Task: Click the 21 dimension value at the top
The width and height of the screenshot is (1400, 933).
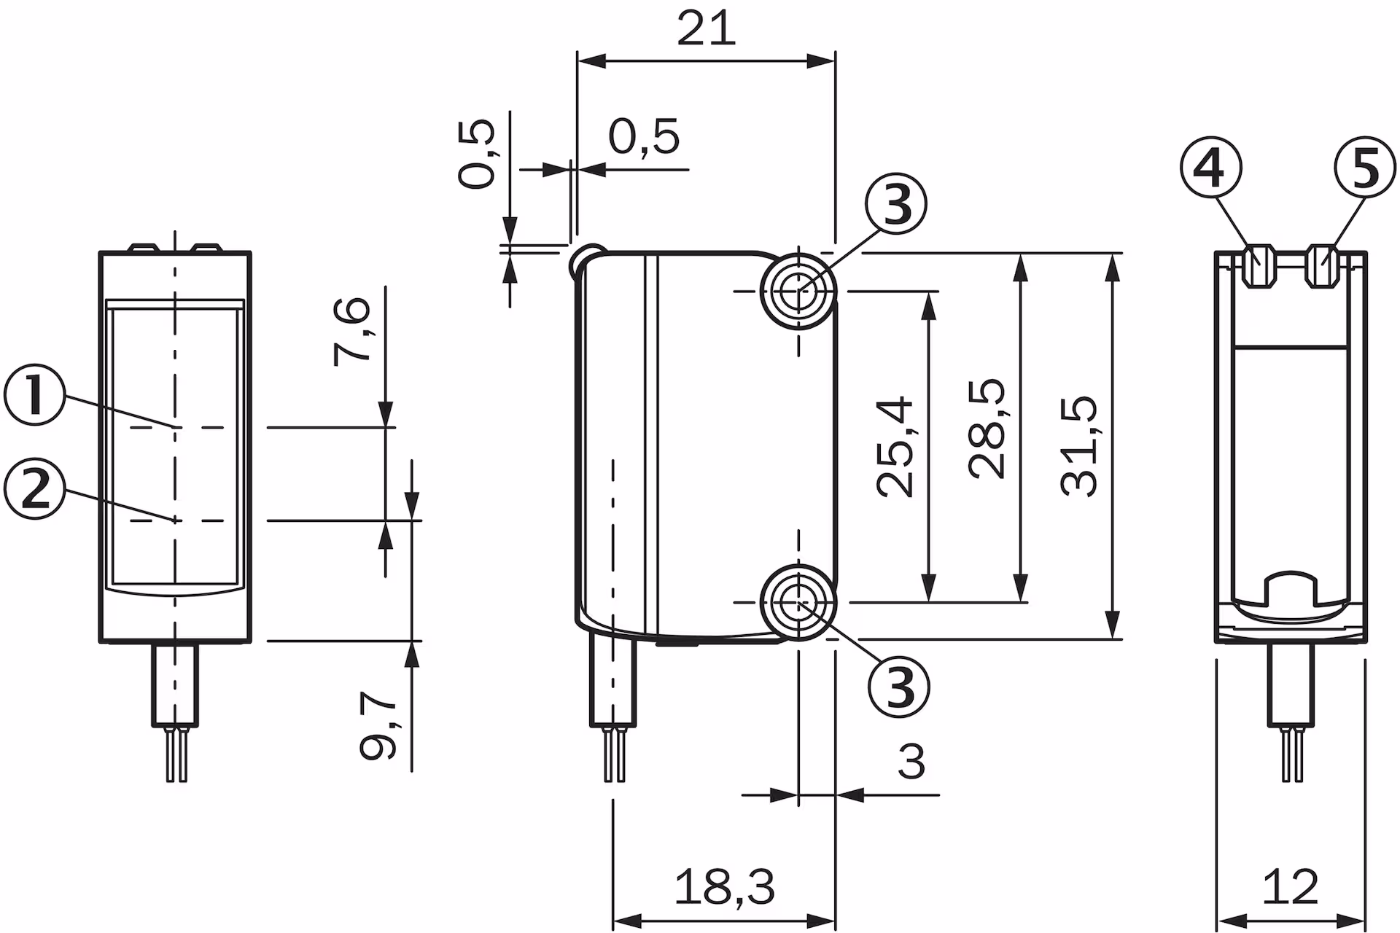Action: [706, 30]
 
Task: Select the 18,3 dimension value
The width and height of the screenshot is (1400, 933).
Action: [724, 886]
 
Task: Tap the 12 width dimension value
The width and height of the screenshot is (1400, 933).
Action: [1291, 886]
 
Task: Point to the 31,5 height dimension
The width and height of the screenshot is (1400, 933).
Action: [1079, 446]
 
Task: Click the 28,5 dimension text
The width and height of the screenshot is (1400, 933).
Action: [988, 429]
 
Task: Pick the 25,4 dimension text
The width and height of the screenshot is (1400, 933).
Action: [895, 447]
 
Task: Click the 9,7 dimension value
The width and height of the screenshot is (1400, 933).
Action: [378, 725]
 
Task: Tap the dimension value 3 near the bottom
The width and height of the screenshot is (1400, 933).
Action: [911, 762]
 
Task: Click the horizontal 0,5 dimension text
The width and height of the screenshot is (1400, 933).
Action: [644, 136]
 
